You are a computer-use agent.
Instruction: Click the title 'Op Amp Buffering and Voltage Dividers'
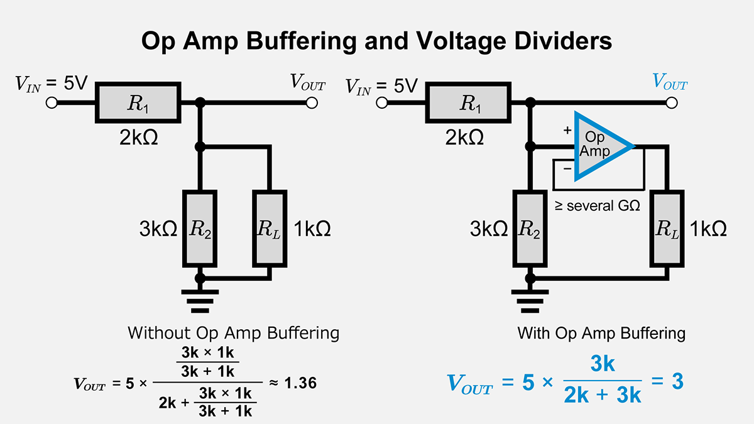click(376, 41)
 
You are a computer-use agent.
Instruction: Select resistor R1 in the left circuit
click(138, 102)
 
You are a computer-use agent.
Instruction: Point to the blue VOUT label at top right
click(670, 82)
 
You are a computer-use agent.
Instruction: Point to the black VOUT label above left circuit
click(307, 82)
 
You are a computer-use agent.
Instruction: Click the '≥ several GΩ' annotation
click(597, 205)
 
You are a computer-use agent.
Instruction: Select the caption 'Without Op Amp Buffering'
click(233, 332)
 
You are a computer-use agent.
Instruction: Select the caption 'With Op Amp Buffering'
click(601, 332)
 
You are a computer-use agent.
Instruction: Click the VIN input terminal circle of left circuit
click(52, 103)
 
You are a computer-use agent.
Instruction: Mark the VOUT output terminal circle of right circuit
click(671, 103)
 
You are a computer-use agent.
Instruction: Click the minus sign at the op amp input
click(567, 168)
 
